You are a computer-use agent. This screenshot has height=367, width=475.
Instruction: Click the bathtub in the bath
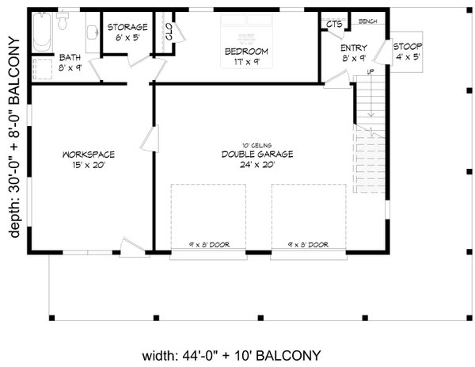point(42,29)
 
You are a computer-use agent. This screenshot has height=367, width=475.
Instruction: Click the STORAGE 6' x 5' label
point(127,32)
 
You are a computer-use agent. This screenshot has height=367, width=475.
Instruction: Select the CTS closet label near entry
point(334,25)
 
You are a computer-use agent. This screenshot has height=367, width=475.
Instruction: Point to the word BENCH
point(368,21)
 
